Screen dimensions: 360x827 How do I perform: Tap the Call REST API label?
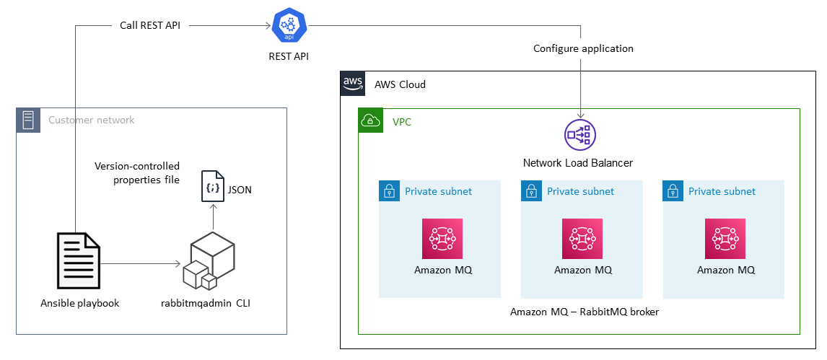point(149,25)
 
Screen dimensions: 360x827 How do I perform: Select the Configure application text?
point(583,48)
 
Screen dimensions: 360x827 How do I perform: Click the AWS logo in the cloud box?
point(353,84)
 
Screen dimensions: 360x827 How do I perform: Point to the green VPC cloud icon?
point(371,121)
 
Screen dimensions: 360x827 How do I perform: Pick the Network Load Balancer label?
point(577,163)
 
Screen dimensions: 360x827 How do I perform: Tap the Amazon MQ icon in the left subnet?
point(442,238)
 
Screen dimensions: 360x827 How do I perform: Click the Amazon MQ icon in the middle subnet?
point(582,238)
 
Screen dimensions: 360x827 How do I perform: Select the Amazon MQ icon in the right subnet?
point(725,238)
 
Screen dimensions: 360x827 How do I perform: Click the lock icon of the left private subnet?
point(389,191)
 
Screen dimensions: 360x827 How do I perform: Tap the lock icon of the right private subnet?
point(673,191)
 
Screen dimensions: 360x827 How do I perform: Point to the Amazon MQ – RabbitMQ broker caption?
point(584,312)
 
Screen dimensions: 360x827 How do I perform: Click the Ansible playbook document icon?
point(79,261)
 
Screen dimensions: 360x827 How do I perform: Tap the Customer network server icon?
point(28,120)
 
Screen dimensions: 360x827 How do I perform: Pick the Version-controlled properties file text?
point(137,172)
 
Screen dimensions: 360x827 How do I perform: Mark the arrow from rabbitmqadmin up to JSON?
point(213,218)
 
